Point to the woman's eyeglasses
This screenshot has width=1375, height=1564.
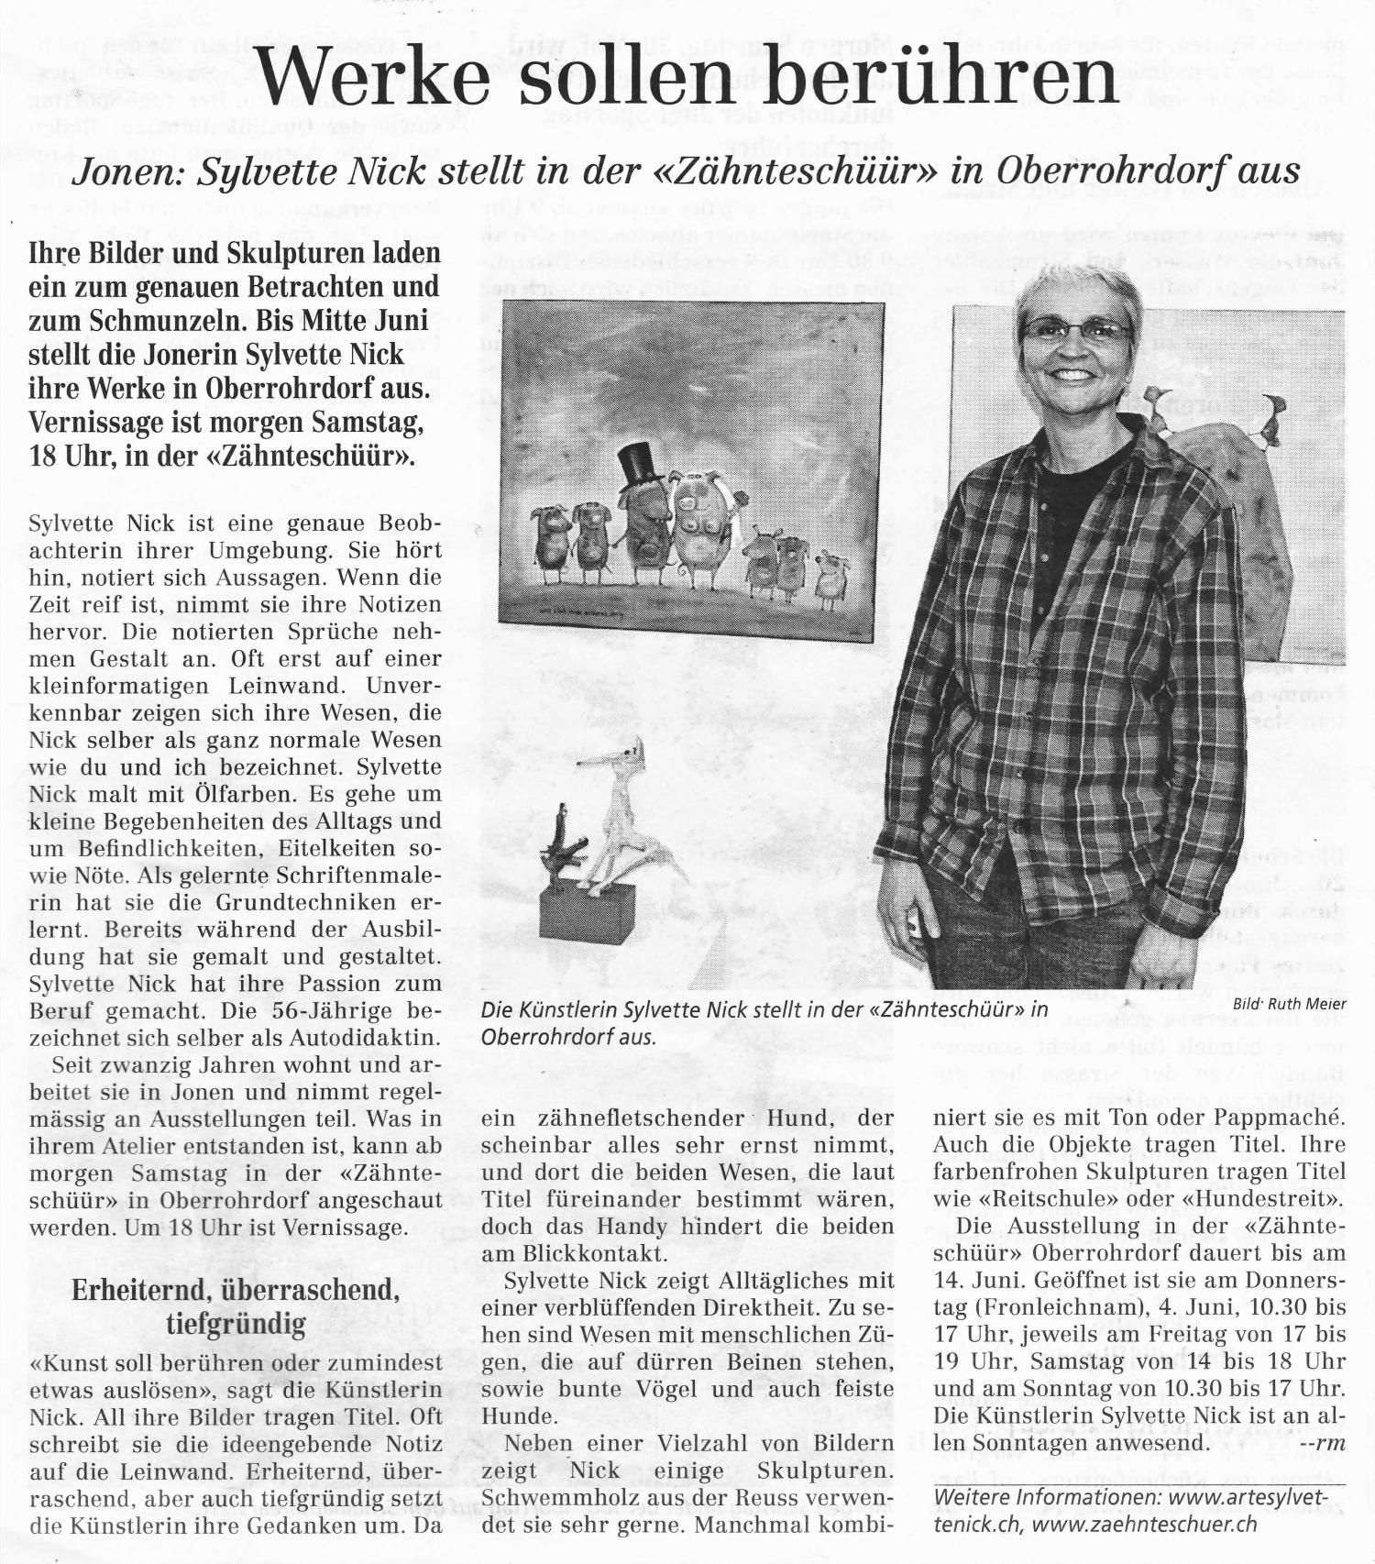click(x=1077, y=330)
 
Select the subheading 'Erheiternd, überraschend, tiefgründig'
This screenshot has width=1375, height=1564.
click(x=236, y=1306)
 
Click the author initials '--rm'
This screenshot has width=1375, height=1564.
click(x=1322, y=1442)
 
